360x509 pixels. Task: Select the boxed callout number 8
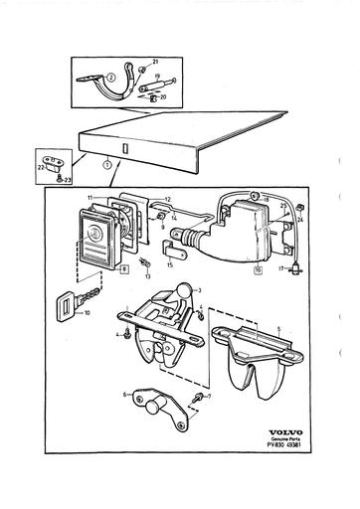[x=125, y=269]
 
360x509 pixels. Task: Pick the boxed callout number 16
[x=258, y=269]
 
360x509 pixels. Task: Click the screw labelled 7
[x=200, y=399]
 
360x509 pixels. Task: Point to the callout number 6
[x=125, y=395]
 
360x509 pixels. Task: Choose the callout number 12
[x=167, y=199]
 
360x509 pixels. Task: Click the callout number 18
[x=267, y=202]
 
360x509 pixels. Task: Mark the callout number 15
[x=170, y=265]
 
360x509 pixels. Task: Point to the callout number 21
[x=156, y=64]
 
